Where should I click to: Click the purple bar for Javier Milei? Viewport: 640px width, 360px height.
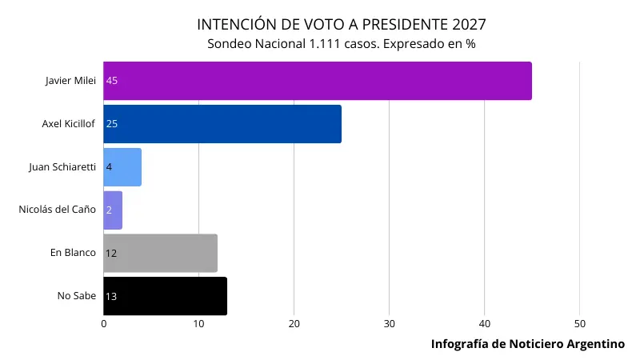tap(318, 81)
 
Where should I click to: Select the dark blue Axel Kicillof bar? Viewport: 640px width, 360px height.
tap(222, 124)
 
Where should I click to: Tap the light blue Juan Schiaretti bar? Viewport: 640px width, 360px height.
tap(122, 167)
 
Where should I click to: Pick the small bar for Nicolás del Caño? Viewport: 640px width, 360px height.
tap(113, 210)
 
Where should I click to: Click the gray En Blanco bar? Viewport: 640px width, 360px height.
tap(160, 253)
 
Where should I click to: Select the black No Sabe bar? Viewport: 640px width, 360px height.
tap(165, 296)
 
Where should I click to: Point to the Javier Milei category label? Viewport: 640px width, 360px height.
tap(70, 81)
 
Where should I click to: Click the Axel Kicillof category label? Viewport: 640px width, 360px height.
tap(69, 124)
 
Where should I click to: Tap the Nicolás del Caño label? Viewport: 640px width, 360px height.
tap(58, 210)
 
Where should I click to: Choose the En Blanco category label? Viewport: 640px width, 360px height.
tap(73, 253)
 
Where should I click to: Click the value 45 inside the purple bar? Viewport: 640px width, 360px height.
tap(112, 81)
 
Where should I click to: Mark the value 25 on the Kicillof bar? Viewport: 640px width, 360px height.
tap(112, 124)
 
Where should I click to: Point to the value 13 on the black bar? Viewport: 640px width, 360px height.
tap(111, 296)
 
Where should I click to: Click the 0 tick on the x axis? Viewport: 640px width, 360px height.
tap(103, 323)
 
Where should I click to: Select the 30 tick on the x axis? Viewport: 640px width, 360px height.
tap(389, 323)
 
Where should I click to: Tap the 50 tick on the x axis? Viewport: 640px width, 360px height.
tap(580, 323)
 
